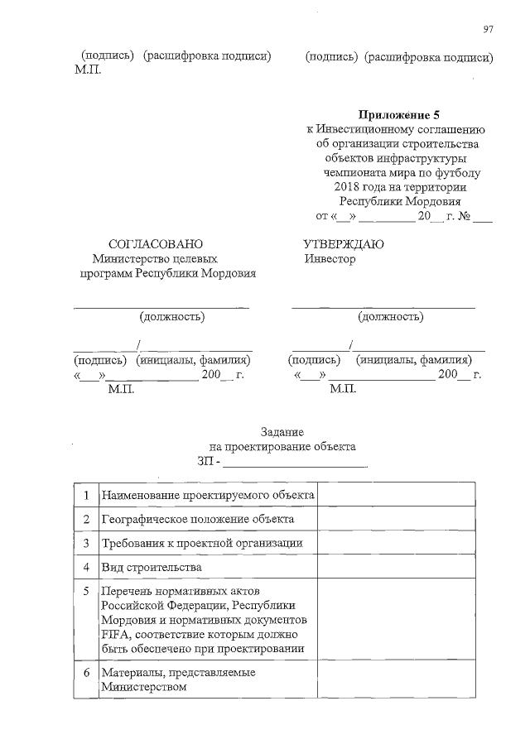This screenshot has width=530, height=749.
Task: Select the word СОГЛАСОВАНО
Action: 156,244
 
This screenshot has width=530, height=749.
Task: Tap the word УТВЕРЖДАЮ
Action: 344,244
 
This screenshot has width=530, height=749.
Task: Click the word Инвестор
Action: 329,259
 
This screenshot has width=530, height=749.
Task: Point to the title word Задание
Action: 282,431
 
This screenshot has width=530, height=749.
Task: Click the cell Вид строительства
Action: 151,567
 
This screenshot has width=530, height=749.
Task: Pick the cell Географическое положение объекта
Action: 197,519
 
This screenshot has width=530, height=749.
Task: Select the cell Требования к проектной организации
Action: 201,543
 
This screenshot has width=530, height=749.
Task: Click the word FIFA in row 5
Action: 115,634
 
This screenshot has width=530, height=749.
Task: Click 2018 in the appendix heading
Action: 340,187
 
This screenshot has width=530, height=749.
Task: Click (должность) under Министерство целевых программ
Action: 171,316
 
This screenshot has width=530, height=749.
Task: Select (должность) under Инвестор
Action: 390,316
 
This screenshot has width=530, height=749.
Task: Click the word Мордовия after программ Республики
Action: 224,274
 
